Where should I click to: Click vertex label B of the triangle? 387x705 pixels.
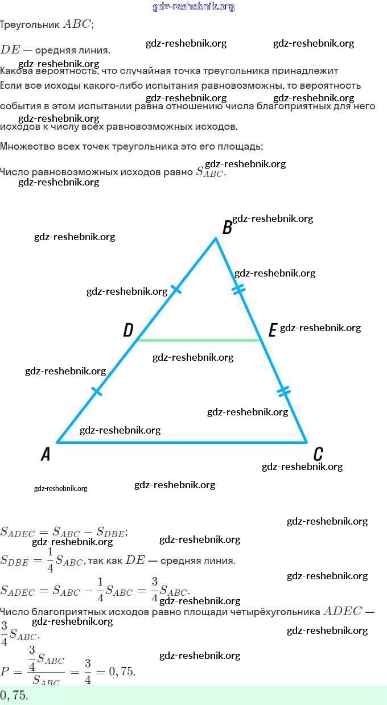[227, 228]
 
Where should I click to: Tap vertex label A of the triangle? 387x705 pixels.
[46, 454]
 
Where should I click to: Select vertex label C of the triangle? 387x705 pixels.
[318, 454]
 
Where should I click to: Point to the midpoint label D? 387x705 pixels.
[128, 330]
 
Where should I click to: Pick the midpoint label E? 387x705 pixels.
[272, 330]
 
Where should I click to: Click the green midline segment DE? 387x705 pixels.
[199, 340]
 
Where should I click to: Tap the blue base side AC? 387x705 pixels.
[182, 442]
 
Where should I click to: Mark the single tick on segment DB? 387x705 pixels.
[176, 290]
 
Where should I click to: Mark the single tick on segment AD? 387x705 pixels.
[97, 391]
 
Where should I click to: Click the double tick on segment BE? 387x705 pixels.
[239, 290]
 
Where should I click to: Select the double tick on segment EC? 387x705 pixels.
[283, 391]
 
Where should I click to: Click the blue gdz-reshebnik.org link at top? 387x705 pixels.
[193, 7]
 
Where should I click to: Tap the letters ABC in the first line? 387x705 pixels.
[77, 24]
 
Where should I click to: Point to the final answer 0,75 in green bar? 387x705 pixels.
[14, 695]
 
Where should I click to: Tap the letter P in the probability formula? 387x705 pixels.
[6, 671]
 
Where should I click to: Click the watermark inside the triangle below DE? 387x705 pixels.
[193, 357]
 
